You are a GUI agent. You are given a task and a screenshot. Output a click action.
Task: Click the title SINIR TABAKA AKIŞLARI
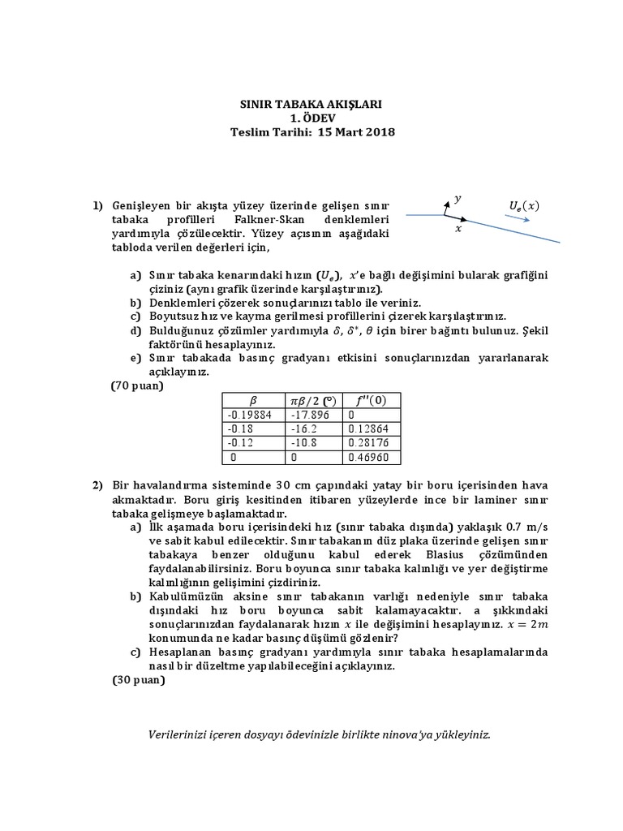pyautogui.click(x=312, y=105)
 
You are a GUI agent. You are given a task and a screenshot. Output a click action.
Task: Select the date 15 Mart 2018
pyautogui.click(x=356, y=131)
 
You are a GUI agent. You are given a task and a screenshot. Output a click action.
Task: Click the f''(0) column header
pyautogui.click(x=372, y=400)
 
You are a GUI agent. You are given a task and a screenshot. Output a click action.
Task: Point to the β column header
pyautogui.click(x=252, y=400)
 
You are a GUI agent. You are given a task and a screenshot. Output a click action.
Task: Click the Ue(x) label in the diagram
pyautogui.click(x=523, y=205)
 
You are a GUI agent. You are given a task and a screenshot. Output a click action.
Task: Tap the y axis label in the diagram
pyautogui.click(x=458, y=198)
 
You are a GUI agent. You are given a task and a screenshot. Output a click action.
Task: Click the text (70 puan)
pyautogui.click(x=137, y=385)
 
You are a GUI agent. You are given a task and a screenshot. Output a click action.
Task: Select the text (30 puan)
pyautogui.click(x=137, y=680)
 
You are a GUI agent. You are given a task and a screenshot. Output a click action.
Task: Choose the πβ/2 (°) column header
pyautogui.click(x=313, y=400)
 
